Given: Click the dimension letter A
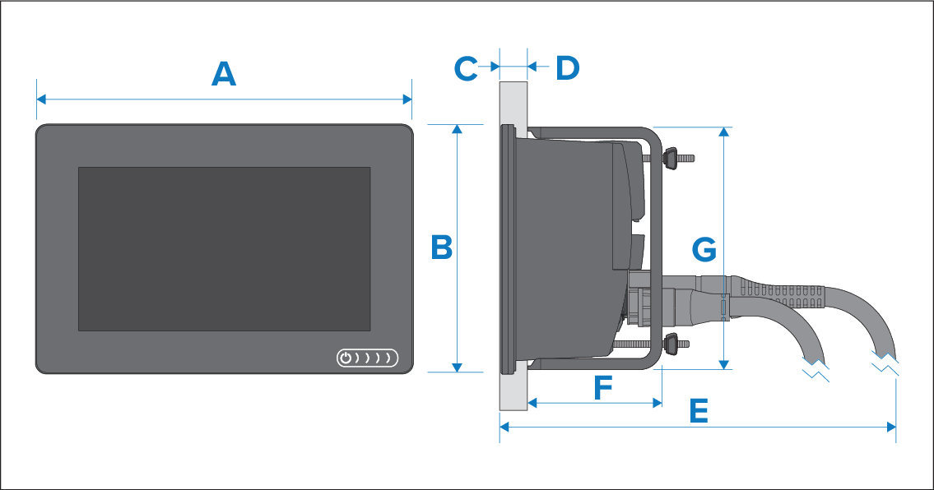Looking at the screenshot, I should pyautogui.click(x=224, y=75).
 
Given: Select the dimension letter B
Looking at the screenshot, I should pyautogui.click(x=442, y=247).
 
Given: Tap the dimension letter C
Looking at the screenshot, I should pyautogui.click(x=466, y=68).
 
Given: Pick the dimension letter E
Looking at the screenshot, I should pyautogui.click(x=698, y=411).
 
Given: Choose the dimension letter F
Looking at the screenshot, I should pyautogui.click(x=603, y=387).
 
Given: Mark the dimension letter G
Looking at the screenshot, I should pyautogui.click(x=704, y=248).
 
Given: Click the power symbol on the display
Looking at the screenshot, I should pyautogui.click(x=346, y=358).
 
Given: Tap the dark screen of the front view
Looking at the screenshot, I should pyautogui.click(x=224, y=249).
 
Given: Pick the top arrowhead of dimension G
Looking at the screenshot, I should pyautogui.click(x=724, y=132).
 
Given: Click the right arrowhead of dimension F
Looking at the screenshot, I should pyautogui.click(x=658, y=403).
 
